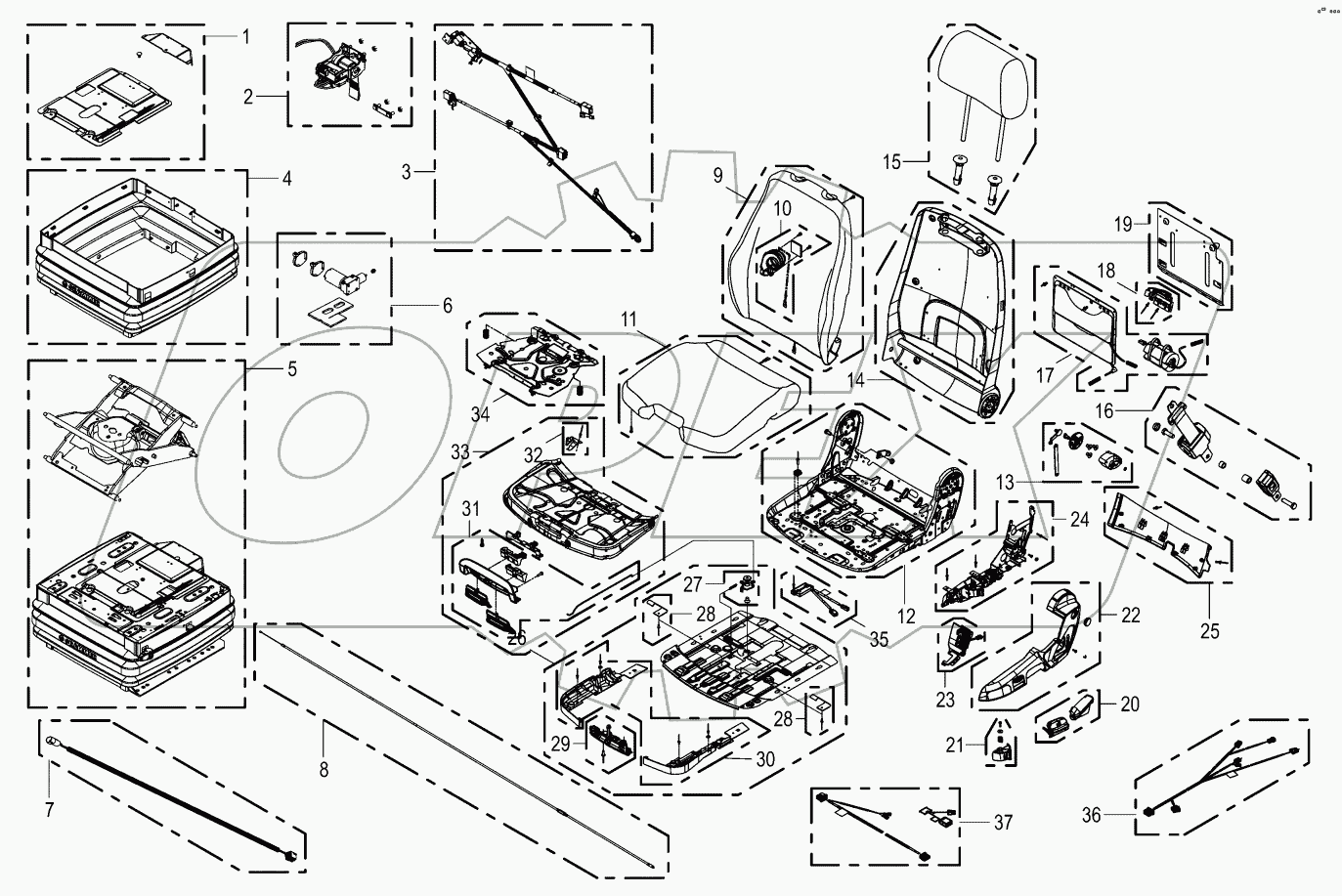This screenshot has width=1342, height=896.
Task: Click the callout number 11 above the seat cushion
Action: click(x=628, y=320)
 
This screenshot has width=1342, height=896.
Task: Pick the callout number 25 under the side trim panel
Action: click(x=1210, y=631)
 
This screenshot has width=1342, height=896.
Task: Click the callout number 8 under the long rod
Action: click(x=324, y=768)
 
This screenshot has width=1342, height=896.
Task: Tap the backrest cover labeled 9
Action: click(x=792, y=264)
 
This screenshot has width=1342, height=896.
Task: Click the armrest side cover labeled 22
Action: click(x=1046, y=645)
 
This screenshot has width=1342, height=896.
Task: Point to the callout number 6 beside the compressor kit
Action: click(x=446, y=306)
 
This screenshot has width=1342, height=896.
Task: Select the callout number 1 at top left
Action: click(x=245, y=36)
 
